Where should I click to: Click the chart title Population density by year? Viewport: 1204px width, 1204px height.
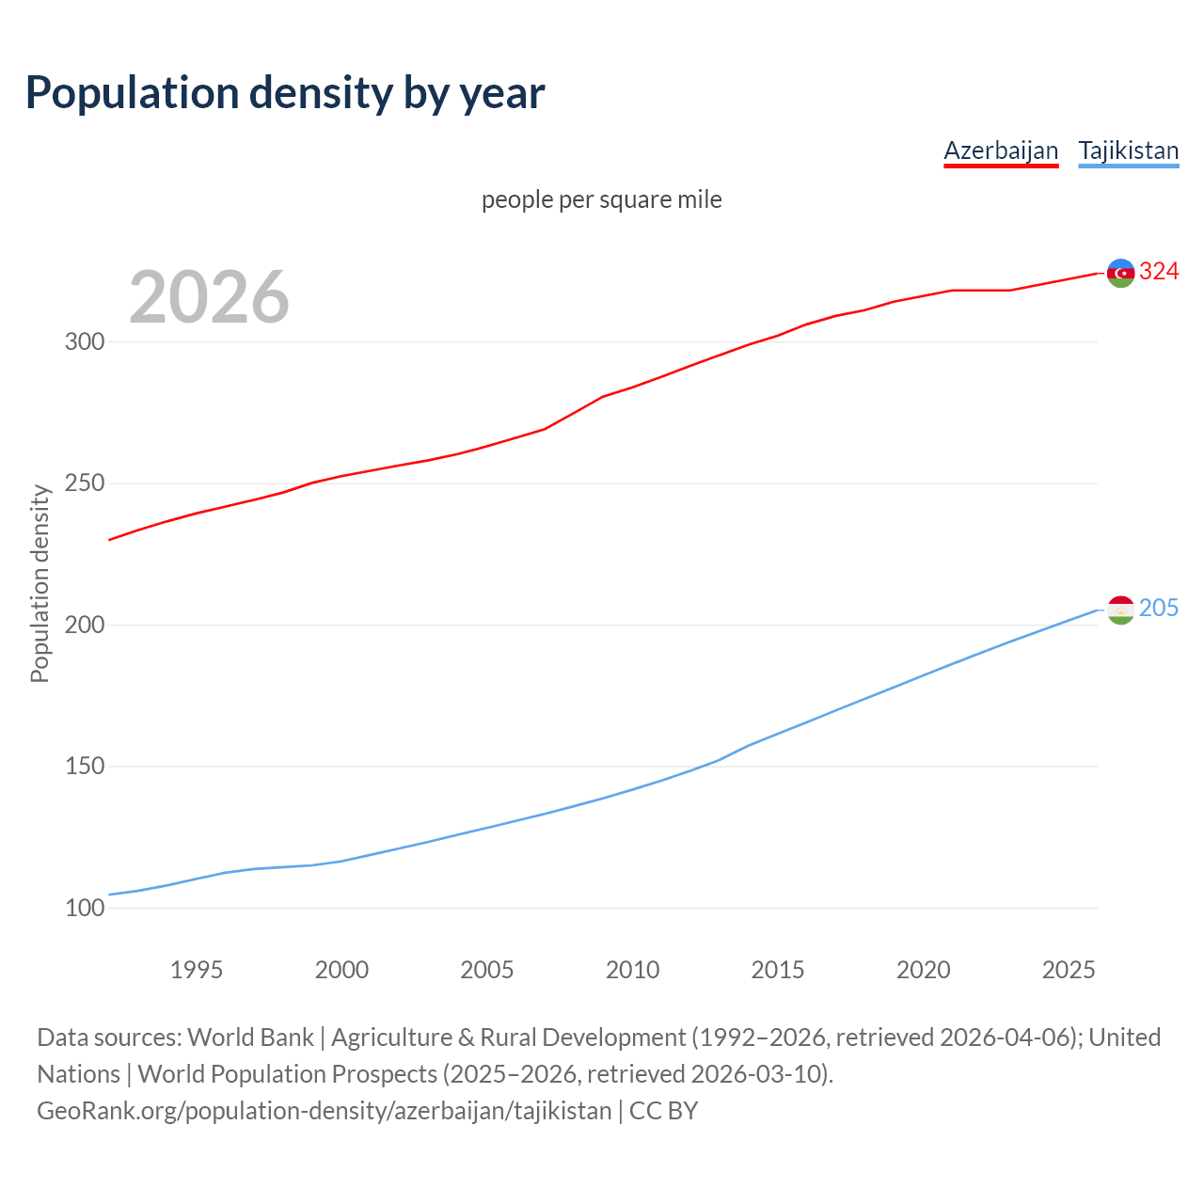[x=285, y=93]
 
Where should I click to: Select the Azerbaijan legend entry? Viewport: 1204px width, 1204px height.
[x=1001, y=150]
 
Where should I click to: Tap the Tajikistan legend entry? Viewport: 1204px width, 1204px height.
[x=1128, y=150]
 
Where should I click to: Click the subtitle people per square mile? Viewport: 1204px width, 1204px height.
[x=602, y=199]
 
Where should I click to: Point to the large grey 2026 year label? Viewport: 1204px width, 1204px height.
[x=209, y=297]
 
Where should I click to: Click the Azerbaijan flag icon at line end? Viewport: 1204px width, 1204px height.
[x=1120, y=273]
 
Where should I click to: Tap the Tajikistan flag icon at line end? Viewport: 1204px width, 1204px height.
[x=1120, y=610]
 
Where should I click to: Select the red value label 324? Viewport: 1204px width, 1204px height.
[x=1159, y=272]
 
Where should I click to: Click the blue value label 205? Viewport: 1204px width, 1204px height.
[x=1159, y=609]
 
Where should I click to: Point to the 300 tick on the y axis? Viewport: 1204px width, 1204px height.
[x=85, y=341]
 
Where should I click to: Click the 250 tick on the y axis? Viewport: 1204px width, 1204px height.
[x=85, y=483]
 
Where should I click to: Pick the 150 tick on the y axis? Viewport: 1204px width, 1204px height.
[x=85, y=767]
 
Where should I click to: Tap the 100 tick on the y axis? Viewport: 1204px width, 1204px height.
[x=85, y=909]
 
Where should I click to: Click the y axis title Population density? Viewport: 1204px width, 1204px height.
[x=40, y=583]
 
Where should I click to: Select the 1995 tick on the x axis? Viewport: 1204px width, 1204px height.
[x=197, y=970]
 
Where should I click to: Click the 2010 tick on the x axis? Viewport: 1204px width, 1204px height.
[x=632, y=970]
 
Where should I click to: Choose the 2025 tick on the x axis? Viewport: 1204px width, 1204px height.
[x=1069, y=970]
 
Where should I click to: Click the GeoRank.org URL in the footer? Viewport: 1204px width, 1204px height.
[x=325, y=1111]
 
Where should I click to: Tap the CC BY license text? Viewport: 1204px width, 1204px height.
[x=663, y=1111]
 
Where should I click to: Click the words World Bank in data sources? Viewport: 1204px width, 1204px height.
[x=250, y=1038]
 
